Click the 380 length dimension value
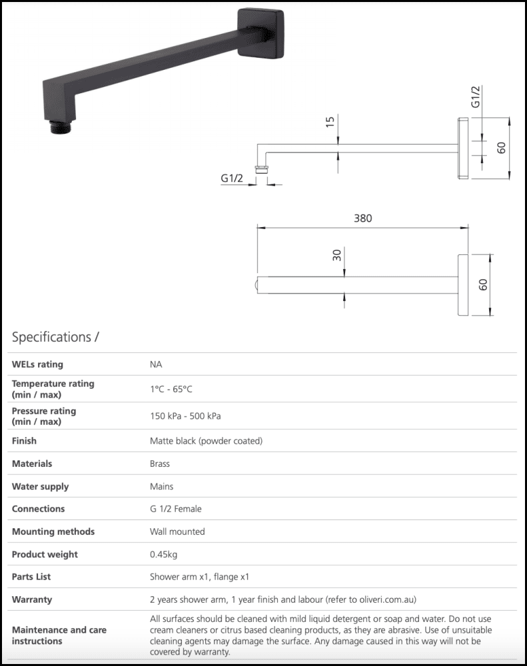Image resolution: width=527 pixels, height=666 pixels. click(x=363, y=218)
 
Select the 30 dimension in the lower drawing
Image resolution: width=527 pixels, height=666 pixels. click(x=337, y=254)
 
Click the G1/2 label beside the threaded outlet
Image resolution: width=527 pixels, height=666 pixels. click(x=232, y=178)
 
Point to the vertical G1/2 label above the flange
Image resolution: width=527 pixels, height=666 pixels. click(x=476, y=97)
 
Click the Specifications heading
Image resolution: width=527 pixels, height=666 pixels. click(x=55, y=336)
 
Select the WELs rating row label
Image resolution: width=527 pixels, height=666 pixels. click(x=37, y=364)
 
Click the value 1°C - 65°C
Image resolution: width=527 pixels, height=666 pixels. click(x=171, y=389)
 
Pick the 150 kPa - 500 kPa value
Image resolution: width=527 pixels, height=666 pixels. click(x=185, y=416)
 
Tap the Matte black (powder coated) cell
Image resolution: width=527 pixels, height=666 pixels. click(x=206, y=441)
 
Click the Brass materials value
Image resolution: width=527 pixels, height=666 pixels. click(x=160, y=464)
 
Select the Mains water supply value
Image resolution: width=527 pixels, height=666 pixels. click(x=161, y=486)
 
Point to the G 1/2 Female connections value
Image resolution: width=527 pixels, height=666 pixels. click(x=175, y=509)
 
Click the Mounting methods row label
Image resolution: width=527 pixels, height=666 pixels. click(x=53, y=531)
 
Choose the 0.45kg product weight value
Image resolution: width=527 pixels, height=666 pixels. click(x=163, y=554)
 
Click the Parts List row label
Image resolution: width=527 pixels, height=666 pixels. click(x=31, y=577)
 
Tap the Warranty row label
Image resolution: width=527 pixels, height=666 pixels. click(x=31, y=599)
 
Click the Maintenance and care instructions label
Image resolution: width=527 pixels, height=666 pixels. click(x=59, y=635)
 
